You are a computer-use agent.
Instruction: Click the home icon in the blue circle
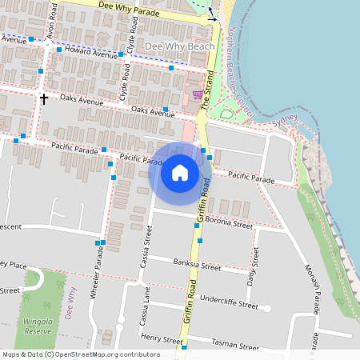pos(180,173)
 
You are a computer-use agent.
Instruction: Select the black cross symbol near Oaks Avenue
pos(43,98)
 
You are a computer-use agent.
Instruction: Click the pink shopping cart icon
pos(197,94)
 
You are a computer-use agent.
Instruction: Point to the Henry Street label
pos(162,339)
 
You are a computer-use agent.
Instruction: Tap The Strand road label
pos(210,93)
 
